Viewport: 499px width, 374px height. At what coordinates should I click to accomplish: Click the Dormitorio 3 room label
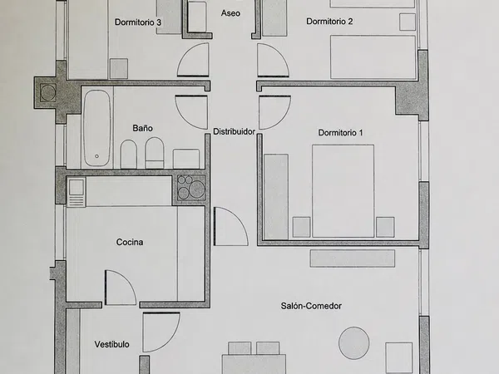coord(138,22)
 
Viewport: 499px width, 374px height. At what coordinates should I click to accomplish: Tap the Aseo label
coord(230,13)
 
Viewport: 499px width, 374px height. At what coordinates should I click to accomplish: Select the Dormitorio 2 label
coord(329,22)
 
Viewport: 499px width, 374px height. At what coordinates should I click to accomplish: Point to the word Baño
coord(142,128)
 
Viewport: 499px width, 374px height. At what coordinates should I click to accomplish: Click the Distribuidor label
coord(234,131)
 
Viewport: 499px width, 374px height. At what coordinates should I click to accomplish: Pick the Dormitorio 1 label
coord(340,133)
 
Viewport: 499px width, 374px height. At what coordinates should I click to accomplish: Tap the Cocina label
coord(130,243)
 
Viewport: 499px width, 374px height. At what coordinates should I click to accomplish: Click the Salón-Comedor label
coord(311,306)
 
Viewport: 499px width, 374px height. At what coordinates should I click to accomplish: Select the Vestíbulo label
coord(111,344)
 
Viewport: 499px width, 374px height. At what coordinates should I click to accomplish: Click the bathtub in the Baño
coord(96,128)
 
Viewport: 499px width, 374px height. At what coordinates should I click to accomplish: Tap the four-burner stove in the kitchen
coord(191,188)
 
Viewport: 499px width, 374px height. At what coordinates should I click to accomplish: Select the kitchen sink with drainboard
coord(76,192)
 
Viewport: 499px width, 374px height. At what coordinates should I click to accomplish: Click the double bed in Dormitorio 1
coord(343,191)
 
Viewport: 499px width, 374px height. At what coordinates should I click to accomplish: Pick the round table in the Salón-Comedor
coord(354,343)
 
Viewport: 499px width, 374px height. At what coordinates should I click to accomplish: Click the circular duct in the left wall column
coord(48,93)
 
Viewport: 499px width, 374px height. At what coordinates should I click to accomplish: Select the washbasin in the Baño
coord(185,159)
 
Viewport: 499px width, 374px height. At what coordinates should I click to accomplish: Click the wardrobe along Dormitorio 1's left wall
coord(276,196)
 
